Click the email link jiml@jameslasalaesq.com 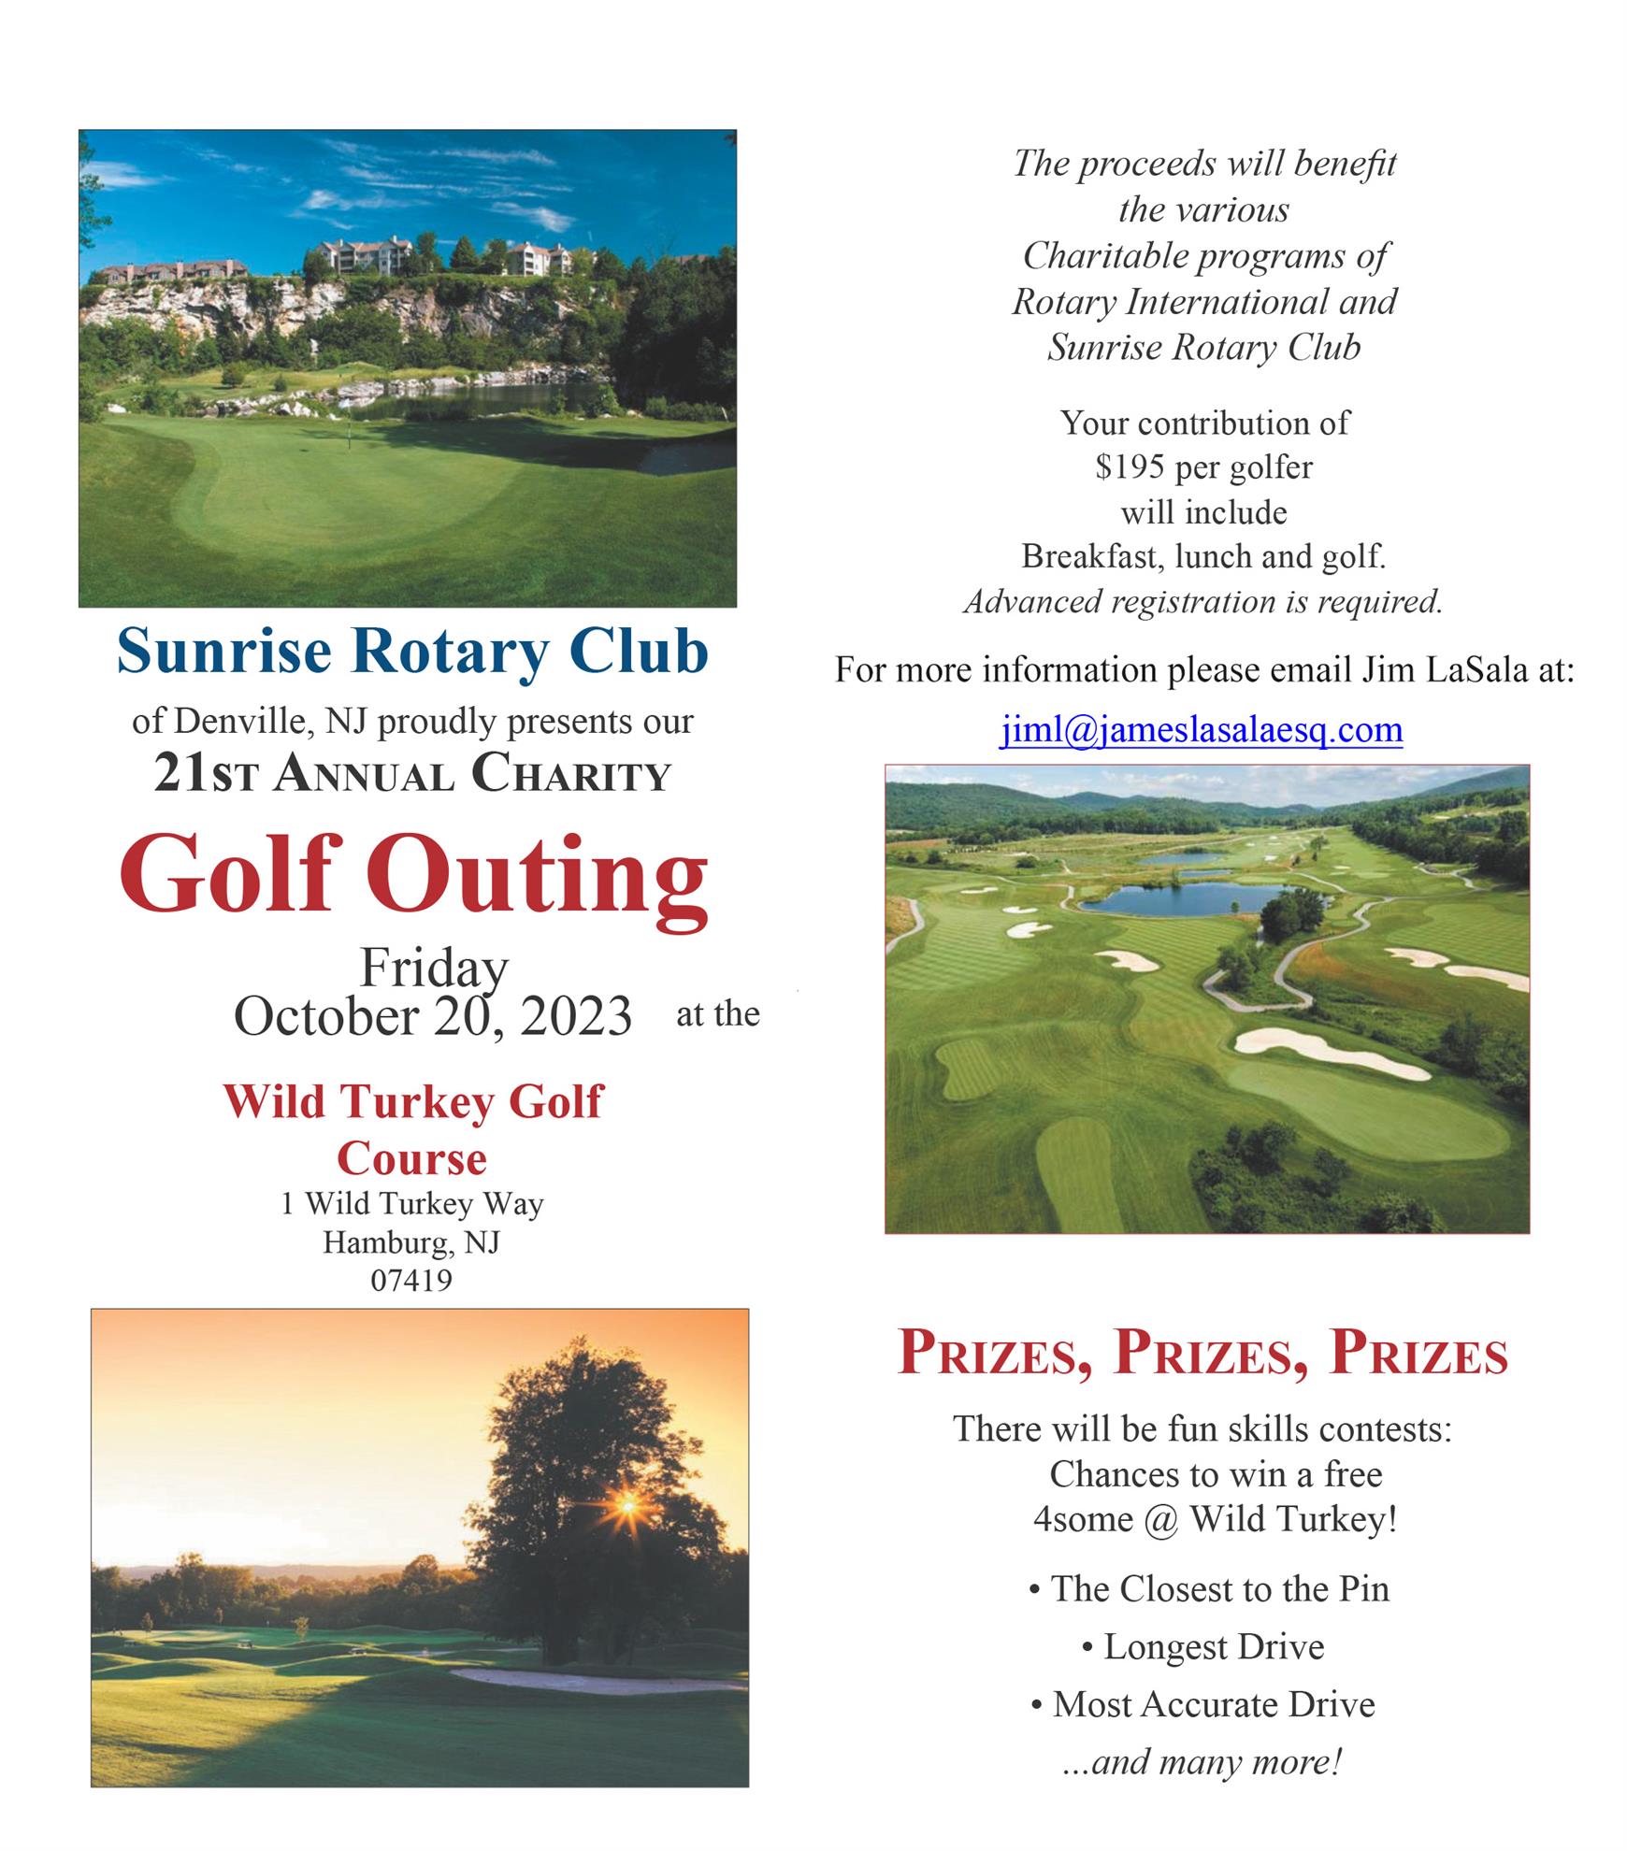click(1202, 729)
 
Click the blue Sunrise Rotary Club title click(412, 652)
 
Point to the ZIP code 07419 click(411, 1280)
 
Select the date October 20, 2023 click(433, 1016)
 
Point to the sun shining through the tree click(627, 1504)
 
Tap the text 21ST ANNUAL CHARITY click(412, 775)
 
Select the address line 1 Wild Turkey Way click(412, 1203)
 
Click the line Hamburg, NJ click(411, 1242)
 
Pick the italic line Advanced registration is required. click(1203, 601)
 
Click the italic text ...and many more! click(1203, 1762)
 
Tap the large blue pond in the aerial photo click(1188, 899)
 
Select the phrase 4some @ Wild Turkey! click(1215, 1519)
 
